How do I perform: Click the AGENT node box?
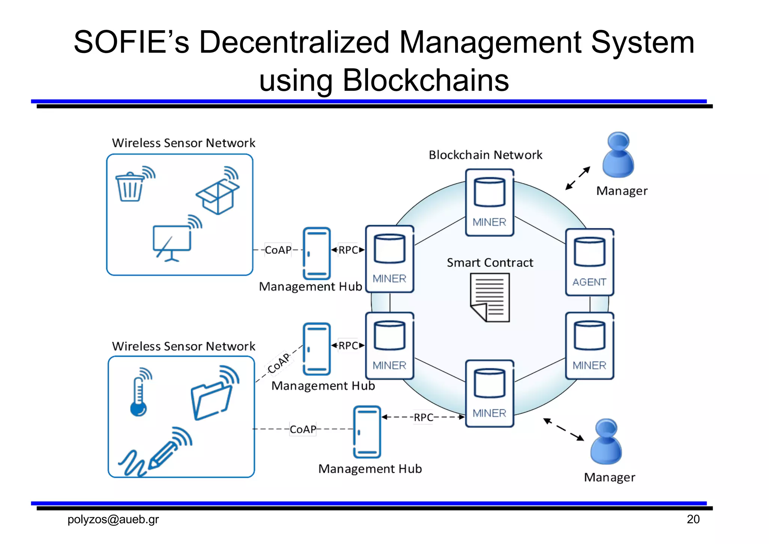coord(590,262)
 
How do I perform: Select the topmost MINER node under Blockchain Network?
coord(490,202)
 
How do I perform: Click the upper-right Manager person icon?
coord(618,155)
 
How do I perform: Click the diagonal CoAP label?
coord(279,363)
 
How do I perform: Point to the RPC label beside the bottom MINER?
coord(424,417)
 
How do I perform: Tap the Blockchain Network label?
coord(486,155)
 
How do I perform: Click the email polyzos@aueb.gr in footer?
coord(113,519)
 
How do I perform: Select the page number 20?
coord(693,519)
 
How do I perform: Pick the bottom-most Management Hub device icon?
coord(367,432)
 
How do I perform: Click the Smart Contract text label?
coord(490,263)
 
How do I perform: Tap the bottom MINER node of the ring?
coord(490,394)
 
